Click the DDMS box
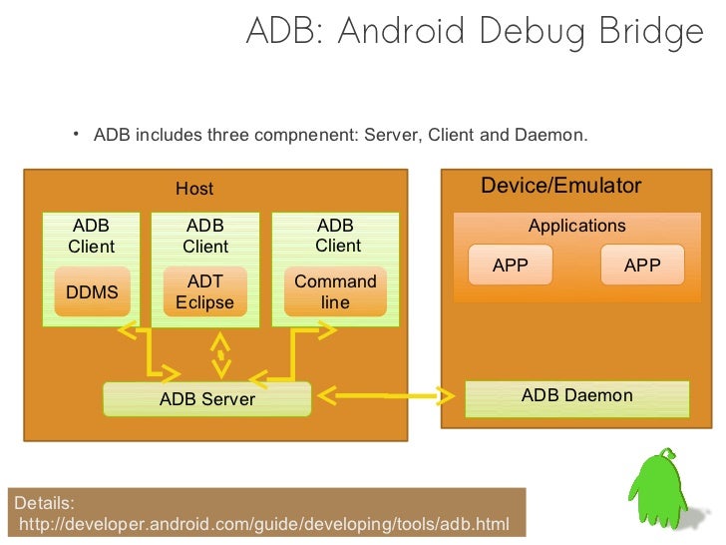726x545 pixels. pyautogui.click(x=92, y=291)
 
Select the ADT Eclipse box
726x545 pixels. pyautogui.click(x=204, y=292)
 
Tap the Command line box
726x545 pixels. pyautogui.click(x=335, y=291)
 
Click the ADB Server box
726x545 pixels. pyautogui.click(x=207, y=399)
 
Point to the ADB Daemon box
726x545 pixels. pyautogui.click(x=576, y=396)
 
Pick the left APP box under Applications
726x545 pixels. pyautogui.click(x=510, y=266)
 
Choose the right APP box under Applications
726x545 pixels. pyautogui.click(x=642, y=266)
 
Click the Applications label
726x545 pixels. pyautogui.click(x=576, y=226)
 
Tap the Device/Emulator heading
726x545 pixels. pyautogui.click(x=560, y=186)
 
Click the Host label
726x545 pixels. pyautogui.click(x=194, y=189)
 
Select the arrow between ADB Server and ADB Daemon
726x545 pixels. pyautogui.click(x=389, y=397)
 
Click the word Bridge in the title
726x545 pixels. pyautogui.click(x=651, y=32)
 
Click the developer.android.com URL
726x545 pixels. pyautogui.click(x=264, y=524)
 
